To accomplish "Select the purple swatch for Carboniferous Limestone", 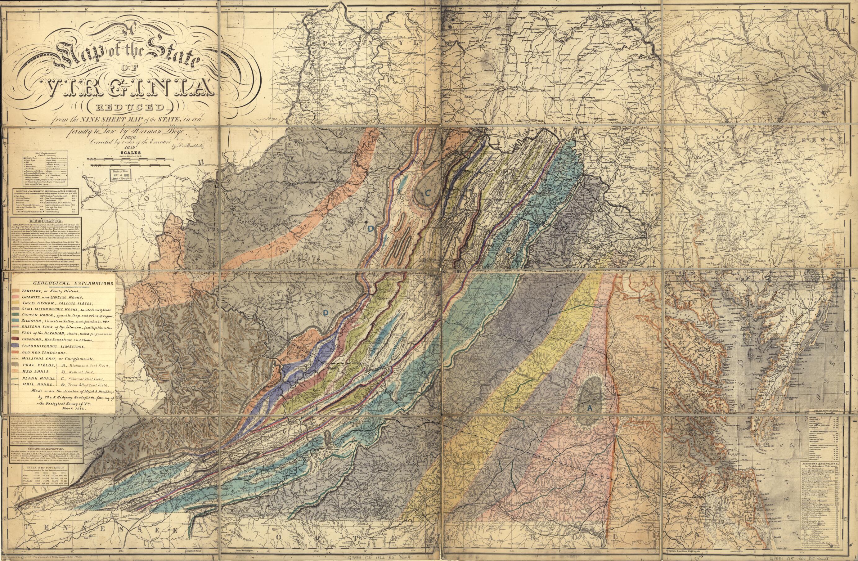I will coord(16,346).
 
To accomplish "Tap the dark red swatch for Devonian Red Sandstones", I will coord(16,339).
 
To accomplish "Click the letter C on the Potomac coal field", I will coord(427,192).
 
